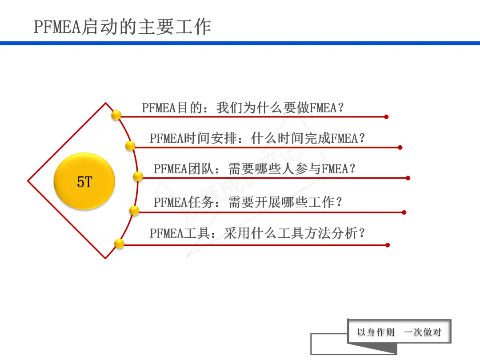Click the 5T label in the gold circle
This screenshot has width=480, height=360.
pyautogui.click(x=84, y=181)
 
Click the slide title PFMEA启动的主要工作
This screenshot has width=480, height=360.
pyautogui.click(x=122, y=27)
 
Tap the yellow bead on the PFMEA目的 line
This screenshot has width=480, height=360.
pyautogui.click(x=116, y=115)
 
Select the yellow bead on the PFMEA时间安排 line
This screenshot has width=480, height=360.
pyautogui.click(x=130, y=145)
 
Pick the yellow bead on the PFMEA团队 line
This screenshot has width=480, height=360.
pyautogui.click(x=138, y=176)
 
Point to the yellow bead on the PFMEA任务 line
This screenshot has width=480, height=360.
pyautogui.click(x=134, y=211)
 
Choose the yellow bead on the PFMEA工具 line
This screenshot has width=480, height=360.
pyautogui.click(x=119, y=243)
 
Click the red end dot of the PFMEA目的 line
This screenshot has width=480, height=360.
pyautogui.click(x=386, y=117)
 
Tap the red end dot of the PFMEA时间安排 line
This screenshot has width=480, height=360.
pyautogui.click(x=400, y=148)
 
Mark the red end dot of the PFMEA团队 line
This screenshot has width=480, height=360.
pyautogui.click(x=408, y=178)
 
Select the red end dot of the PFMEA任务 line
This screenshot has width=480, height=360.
pyautogui.click(x=404, y=212)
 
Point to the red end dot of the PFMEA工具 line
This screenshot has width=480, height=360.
pyautogui.click(x=388, y=245)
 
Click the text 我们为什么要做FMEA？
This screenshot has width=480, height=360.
pyautogui.click(x=280, y=108)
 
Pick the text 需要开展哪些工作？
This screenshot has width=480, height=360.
pyautogui.click(x=286, y=203)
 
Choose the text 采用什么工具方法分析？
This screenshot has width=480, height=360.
pyautogui.click(x=295, y=233)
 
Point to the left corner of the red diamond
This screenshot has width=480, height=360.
pyautogui.click(x=28, y=181)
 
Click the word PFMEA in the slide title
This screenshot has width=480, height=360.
pyautogui.click(x=56, y=28)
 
